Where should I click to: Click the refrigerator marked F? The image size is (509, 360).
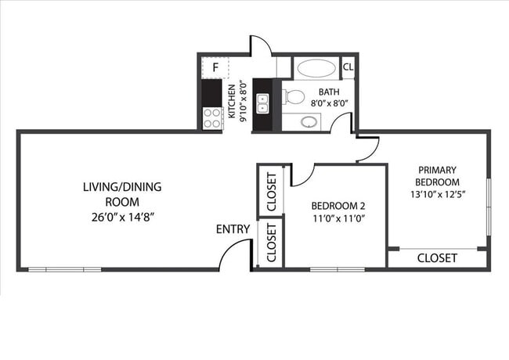coord(215,68)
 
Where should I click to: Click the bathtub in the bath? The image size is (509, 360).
coord(316,67)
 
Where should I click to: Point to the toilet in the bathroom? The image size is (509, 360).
coord(294,97)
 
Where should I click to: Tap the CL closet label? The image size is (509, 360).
coord(348,67)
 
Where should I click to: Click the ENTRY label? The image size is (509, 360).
coord(233,229)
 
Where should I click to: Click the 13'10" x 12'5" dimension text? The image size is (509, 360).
coord(438,193)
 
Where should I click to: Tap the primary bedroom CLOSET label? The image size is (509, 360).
coord(437,258)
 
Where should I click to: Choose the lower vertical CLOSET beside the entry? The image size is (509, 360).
coord(270,243)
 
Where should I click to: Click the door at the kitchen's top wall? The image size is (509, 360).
coord(261,45)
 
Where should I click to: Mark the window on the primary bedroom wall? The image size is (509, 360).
coord(489,205)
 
